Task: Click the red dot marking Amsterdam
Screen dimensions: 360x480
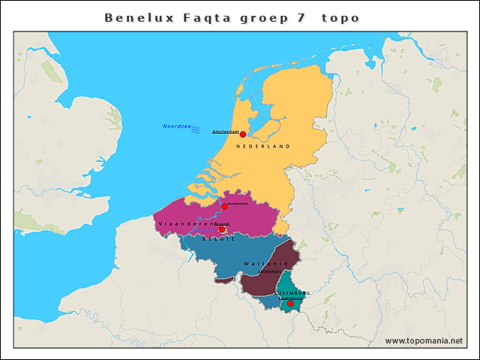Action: tap(242, 134)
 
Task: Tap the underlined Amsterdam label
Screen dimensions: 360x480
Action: tap(225, 132)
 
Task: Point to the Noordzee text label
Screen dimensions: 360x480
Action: tap(176, 126)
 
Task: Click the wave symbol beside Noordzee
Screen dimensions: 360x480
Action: tap(196, 130)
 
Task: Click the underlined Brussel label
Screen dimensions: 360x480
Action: tap(221, 223)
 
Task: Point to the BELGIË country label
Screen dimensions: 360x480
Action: tap(214, 238)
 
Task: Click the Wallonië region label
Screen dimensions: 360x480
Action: tap(265, 264)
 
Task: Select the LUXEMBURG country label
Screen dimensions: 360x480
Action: tap(293, 292)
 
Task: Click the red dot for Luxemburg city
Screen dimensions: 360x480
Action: tap(291, 304)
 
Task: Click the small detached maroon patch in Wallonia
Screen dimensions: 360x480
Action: tap(223, 281)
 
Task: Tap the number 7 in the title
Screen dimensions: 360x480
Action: tap(301, 17)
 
